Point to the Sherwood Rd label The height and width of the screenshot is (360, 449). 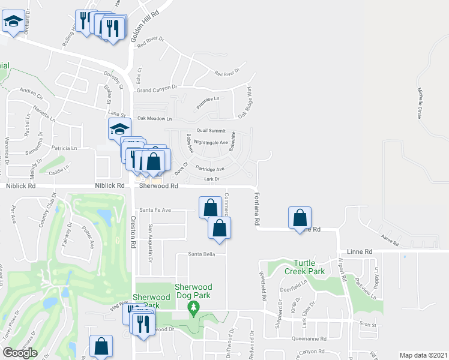(158, 187)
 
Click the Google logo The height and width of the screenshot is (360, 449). (20, 352)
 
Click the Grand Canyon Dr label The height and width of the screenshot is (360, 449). (157, 89)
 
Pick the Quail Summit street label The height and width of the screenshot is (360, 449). (211, 131)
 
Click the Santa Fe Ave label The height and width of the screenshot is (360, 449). (155, 210)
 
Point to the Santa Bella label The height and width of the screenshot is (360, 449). (201, 254)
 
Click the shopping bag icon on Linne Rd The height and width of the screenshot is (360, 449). (300, 218)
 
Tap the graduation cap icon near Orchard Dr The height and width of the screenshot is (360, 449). (13, 22)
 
